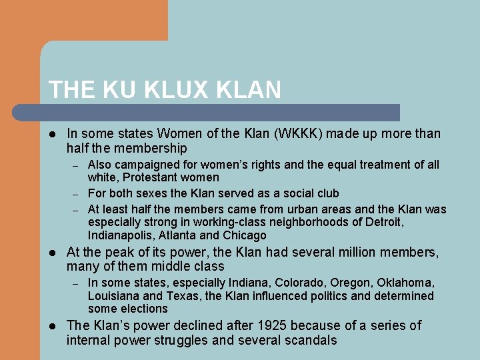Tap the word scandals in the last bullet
tap(311, 341)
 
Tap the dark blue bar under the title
tap(220, 113)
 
